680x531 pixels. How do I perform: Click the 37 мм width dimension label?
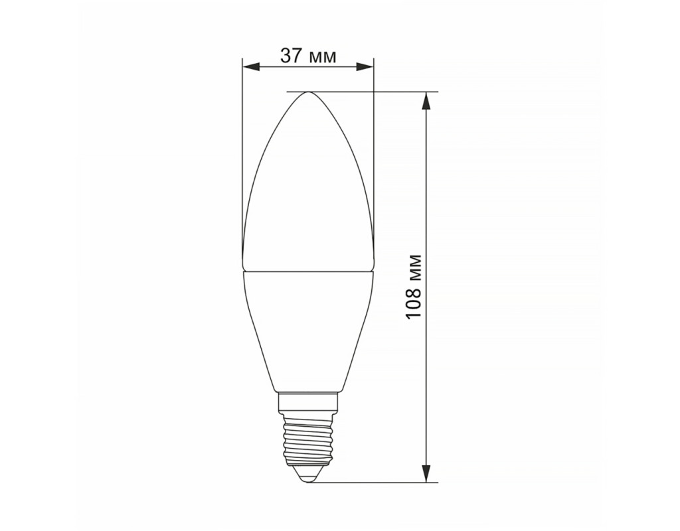(308, 56)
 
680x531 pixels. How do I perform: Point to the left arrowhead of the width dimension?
(251, 66)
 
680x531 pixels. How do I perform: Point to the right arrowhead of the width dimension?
(365, 66)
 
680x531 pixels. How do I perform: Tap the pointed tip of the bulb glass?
(308, 92)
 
